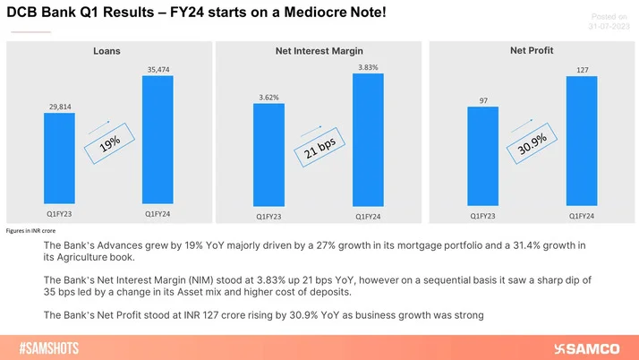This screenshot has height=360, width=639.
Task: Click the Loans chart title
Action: pyautogui.click(x=107, y=52)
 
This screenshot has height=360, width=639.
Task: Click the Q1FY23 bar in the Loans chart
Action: pyautogui.click(x=60, y=159)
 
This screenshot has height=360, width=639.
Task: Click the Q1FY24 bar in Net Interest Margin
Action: pyautogui.click(x=367, y=139)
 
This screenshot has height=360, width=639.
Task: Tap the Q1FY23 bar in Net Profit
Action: pyautogui.click(x=482, y=156)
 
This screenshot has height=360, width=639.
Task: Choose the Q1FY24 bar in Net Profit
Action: pyautogui.click(x=582, y=140)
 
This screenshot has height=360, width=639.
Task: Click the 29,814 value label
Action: pyautogui.click(x=60, y=106)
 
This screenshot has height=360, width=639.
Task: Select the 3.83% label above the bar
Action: pyautogui.click(x=368, y=67)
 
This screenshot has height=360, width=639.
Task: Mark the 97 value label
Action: pyautogui.click(x=482, y=101)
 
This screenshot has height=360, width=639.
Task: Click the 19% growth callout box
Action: pyautogui.click(x=108, y=141)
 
